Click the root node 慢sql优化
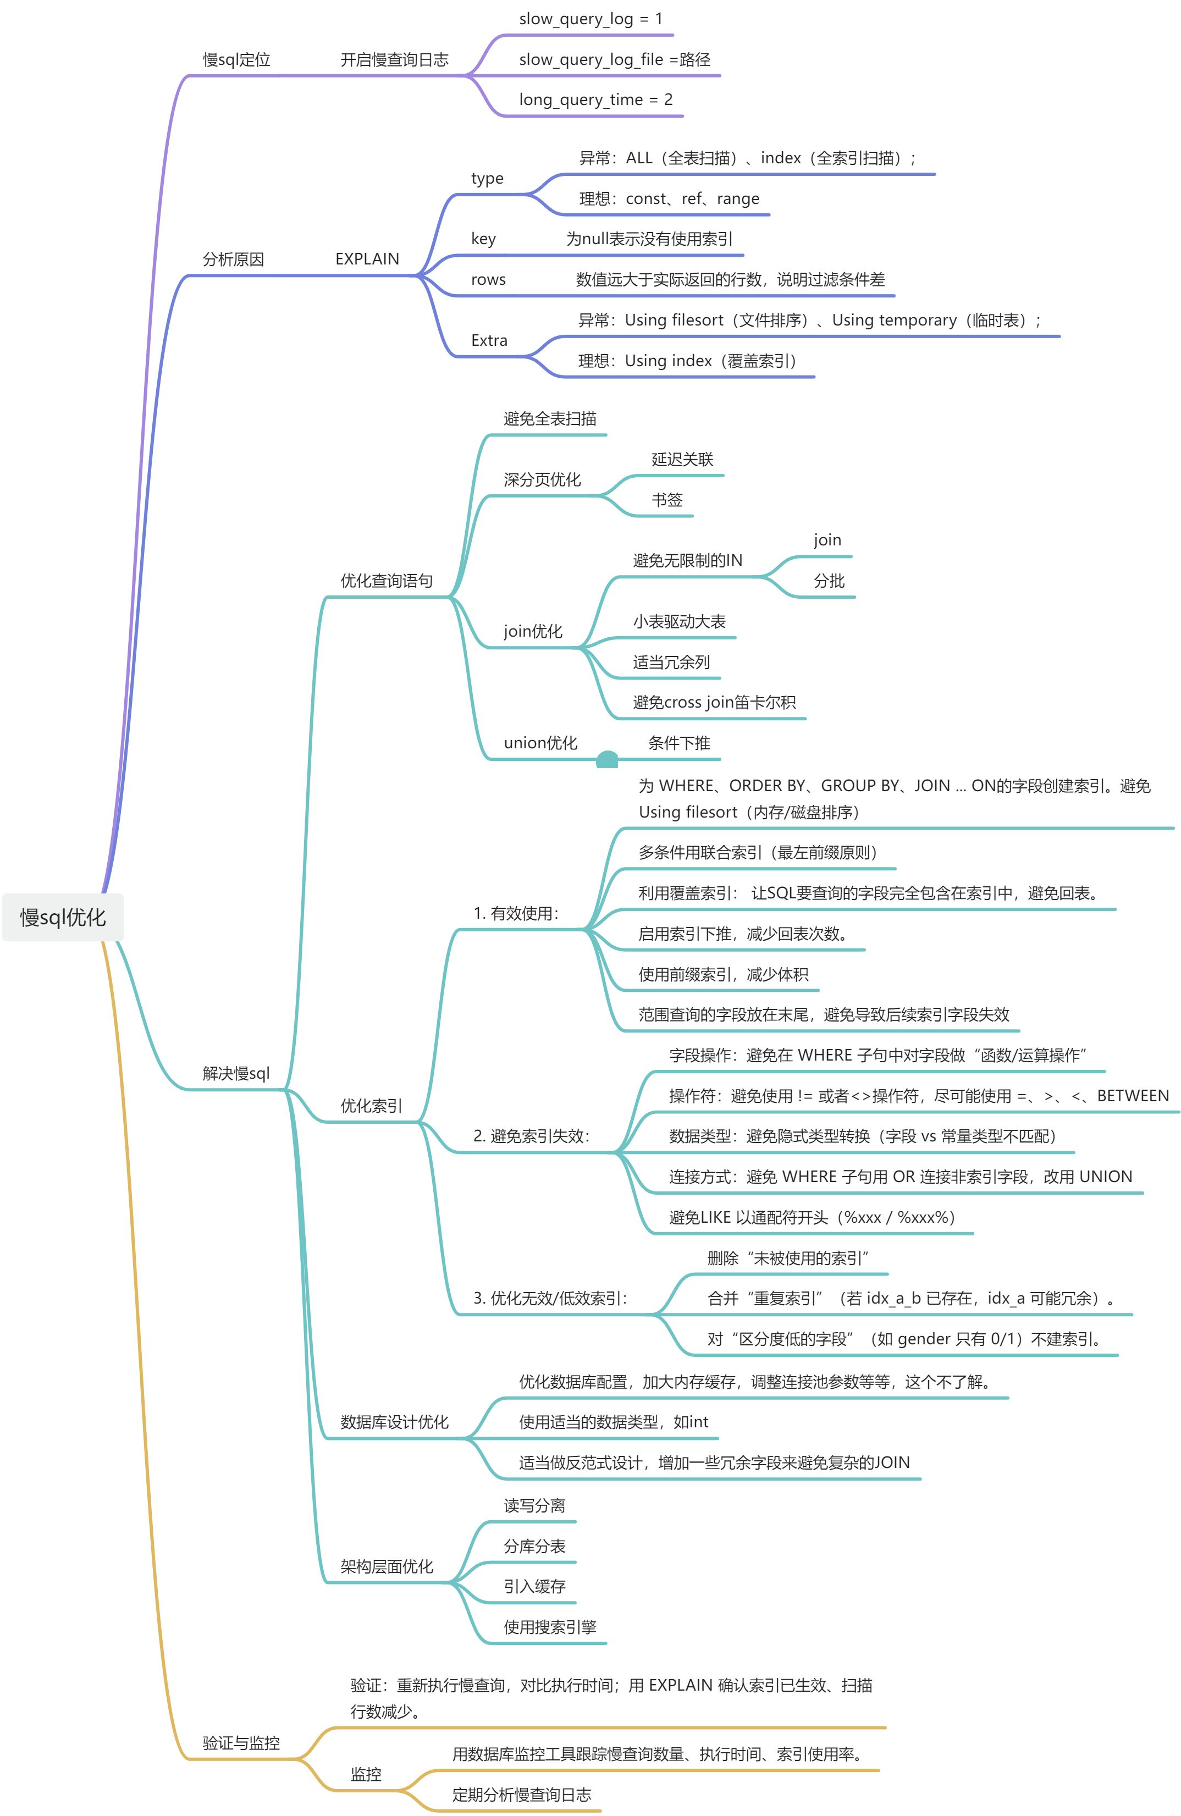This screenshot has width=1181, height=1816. click(x=63, y=917)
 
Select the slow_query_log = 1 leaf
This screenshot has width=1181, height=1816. click(x=590, y=19)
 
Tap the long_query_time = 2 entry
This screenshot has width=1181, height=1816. click(x=595, y=100)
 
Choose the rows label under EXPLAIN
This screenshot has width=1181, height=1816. click(x=488, y=279)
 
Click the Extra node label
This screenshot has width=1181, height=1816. click(x=489, y=340)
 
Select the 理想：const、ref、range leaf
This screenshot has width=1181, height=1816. click(x=669, y=199)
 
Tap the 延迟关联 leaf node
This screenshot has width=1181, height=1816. click(x=682, y=459)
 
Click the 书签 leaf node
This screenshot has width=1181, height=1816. click(x=667, y=500)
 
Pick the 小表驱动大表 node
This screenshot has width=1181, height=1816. click(x=679, y=622)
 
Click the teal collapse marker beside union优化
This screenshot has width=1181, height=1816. click(x=606, y=759)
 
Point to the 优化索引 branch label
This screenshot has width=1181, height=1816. click(x=371, y=1106)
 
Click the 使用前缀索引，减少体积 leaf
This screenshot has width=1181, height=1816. click(x=722, y=974)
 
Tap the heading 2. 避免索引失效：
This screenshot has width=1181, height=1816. click(x=532, y=1136)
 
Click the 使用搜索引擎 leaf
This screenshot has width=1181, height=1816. click(x=549, y=1627)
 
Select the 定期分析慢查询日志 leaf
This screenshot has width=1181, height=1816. click(x=521, y=1795)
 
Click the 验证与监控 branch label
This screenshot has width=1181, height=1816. click(x=241, y=1743)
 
